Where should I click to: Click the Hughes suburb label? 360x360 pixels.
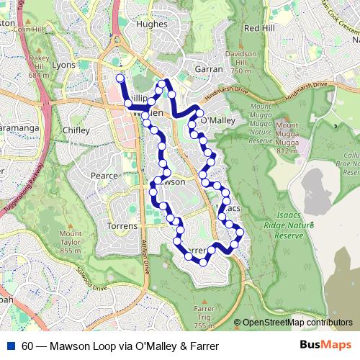(150, 24)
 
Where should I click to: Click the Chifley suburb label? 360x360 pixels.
(76, 130)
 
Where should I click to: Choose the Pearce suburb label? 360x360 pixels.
(103, 175)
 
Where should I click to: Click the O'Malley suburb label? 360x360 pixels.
(217, 121)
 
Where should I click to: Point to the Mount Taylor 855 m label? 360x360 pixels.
(71, 242)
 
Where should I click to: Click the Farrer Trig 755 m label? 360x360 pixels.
(204, 317)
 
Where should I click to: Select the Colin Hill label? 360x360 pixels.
(29, 30)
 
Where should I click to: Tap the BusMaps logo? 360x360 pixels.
(325, 346)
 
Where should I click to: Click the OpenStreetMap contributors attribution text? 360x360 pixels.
(298, 323)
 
